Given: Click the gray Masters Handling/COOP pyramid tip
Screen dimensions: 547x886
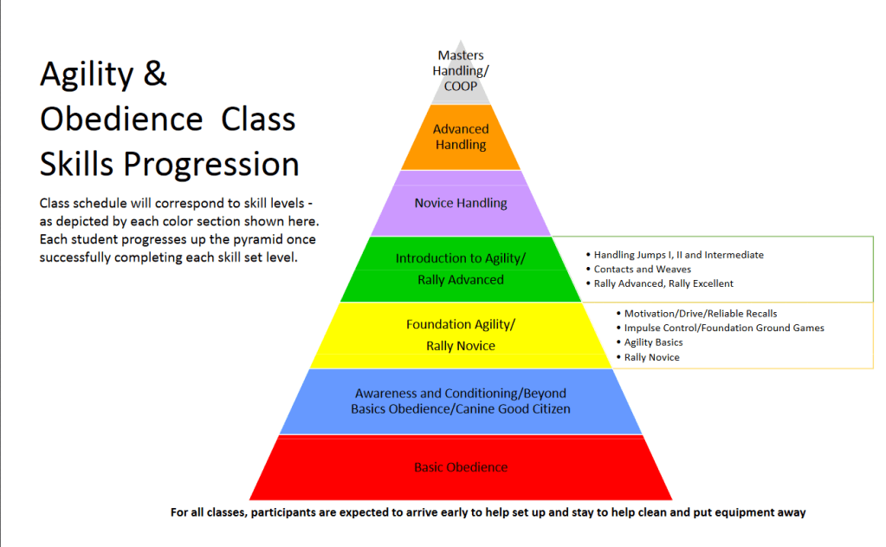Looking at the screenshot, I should (461, 72).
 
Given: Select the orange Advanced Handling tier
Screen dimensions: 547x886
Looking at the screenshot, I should (461, 137).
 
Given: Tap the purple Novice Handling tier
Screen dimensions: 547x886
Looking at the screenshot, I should (461, 203).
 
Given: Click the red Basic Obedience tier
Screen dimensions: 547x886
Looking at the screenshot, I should (461, 468).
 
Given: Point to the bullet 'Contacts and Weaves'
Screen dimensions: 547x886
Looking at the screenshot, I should (642, 270).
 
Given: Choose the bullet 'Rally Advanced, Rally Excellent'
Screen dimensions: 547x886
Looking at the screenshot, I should (663, 283).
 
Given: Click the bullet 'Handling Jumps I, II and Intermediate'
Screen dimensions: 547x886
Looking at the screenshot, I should (678, 255).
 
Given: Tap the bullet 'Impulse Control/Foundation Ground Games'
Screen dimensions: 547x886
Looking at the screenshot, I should (724, 328).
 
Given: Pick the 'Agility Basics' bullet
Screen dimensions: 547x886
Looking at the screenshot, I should (653, 342).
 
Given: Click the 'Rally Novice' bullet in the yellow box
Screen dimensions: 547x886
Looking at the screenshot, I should (651, 357).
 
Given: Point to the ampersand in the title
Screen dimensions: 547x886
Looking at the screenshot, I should (154, 75).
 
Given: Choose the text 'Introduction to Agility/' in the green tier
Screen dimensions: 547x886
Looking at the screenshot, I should (461, 258).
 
